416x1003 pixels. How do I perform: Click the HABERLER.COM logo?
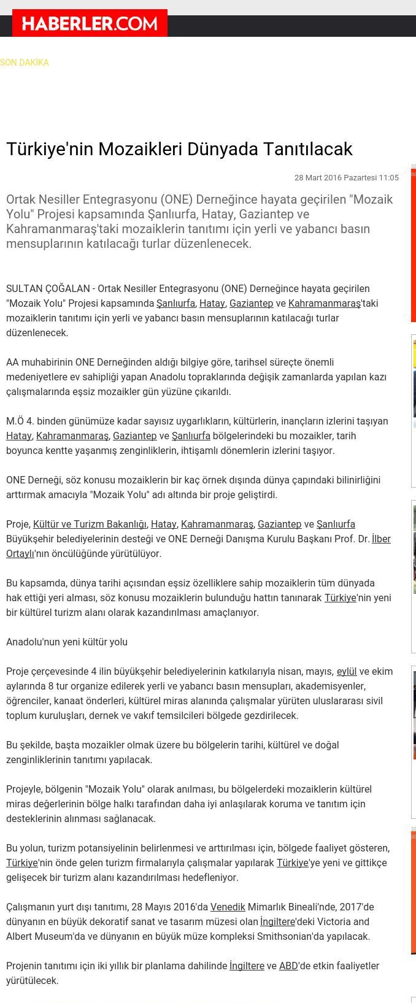pos(90,23)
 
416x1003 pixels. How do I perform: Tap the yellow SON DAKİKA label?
pos(25,63)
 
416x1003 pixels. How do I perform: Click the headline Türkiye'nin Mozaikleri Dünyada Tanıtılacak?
pos(179,149)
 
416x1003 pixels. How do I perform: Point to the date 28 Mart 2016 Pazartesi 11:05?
pos(346,178)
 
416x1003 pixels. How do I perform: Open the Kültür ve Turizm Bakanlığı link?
pos(90,524)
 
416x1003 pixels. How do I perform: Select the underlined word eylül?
pos(347,671)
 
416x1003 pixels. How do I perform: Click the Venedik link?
pos(228,907)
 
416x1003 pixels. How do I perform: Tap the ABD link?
pos(288,966)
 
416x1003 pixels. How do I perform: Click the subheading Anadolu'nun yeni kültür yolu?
pos(67,642)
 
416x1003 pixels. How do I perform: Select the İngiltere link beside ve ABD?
pos(247,966)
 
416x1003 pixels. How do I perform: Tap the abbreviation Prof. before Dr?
pos(348,539)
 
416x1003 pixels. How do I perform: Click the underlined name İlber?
pos(381,539)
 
